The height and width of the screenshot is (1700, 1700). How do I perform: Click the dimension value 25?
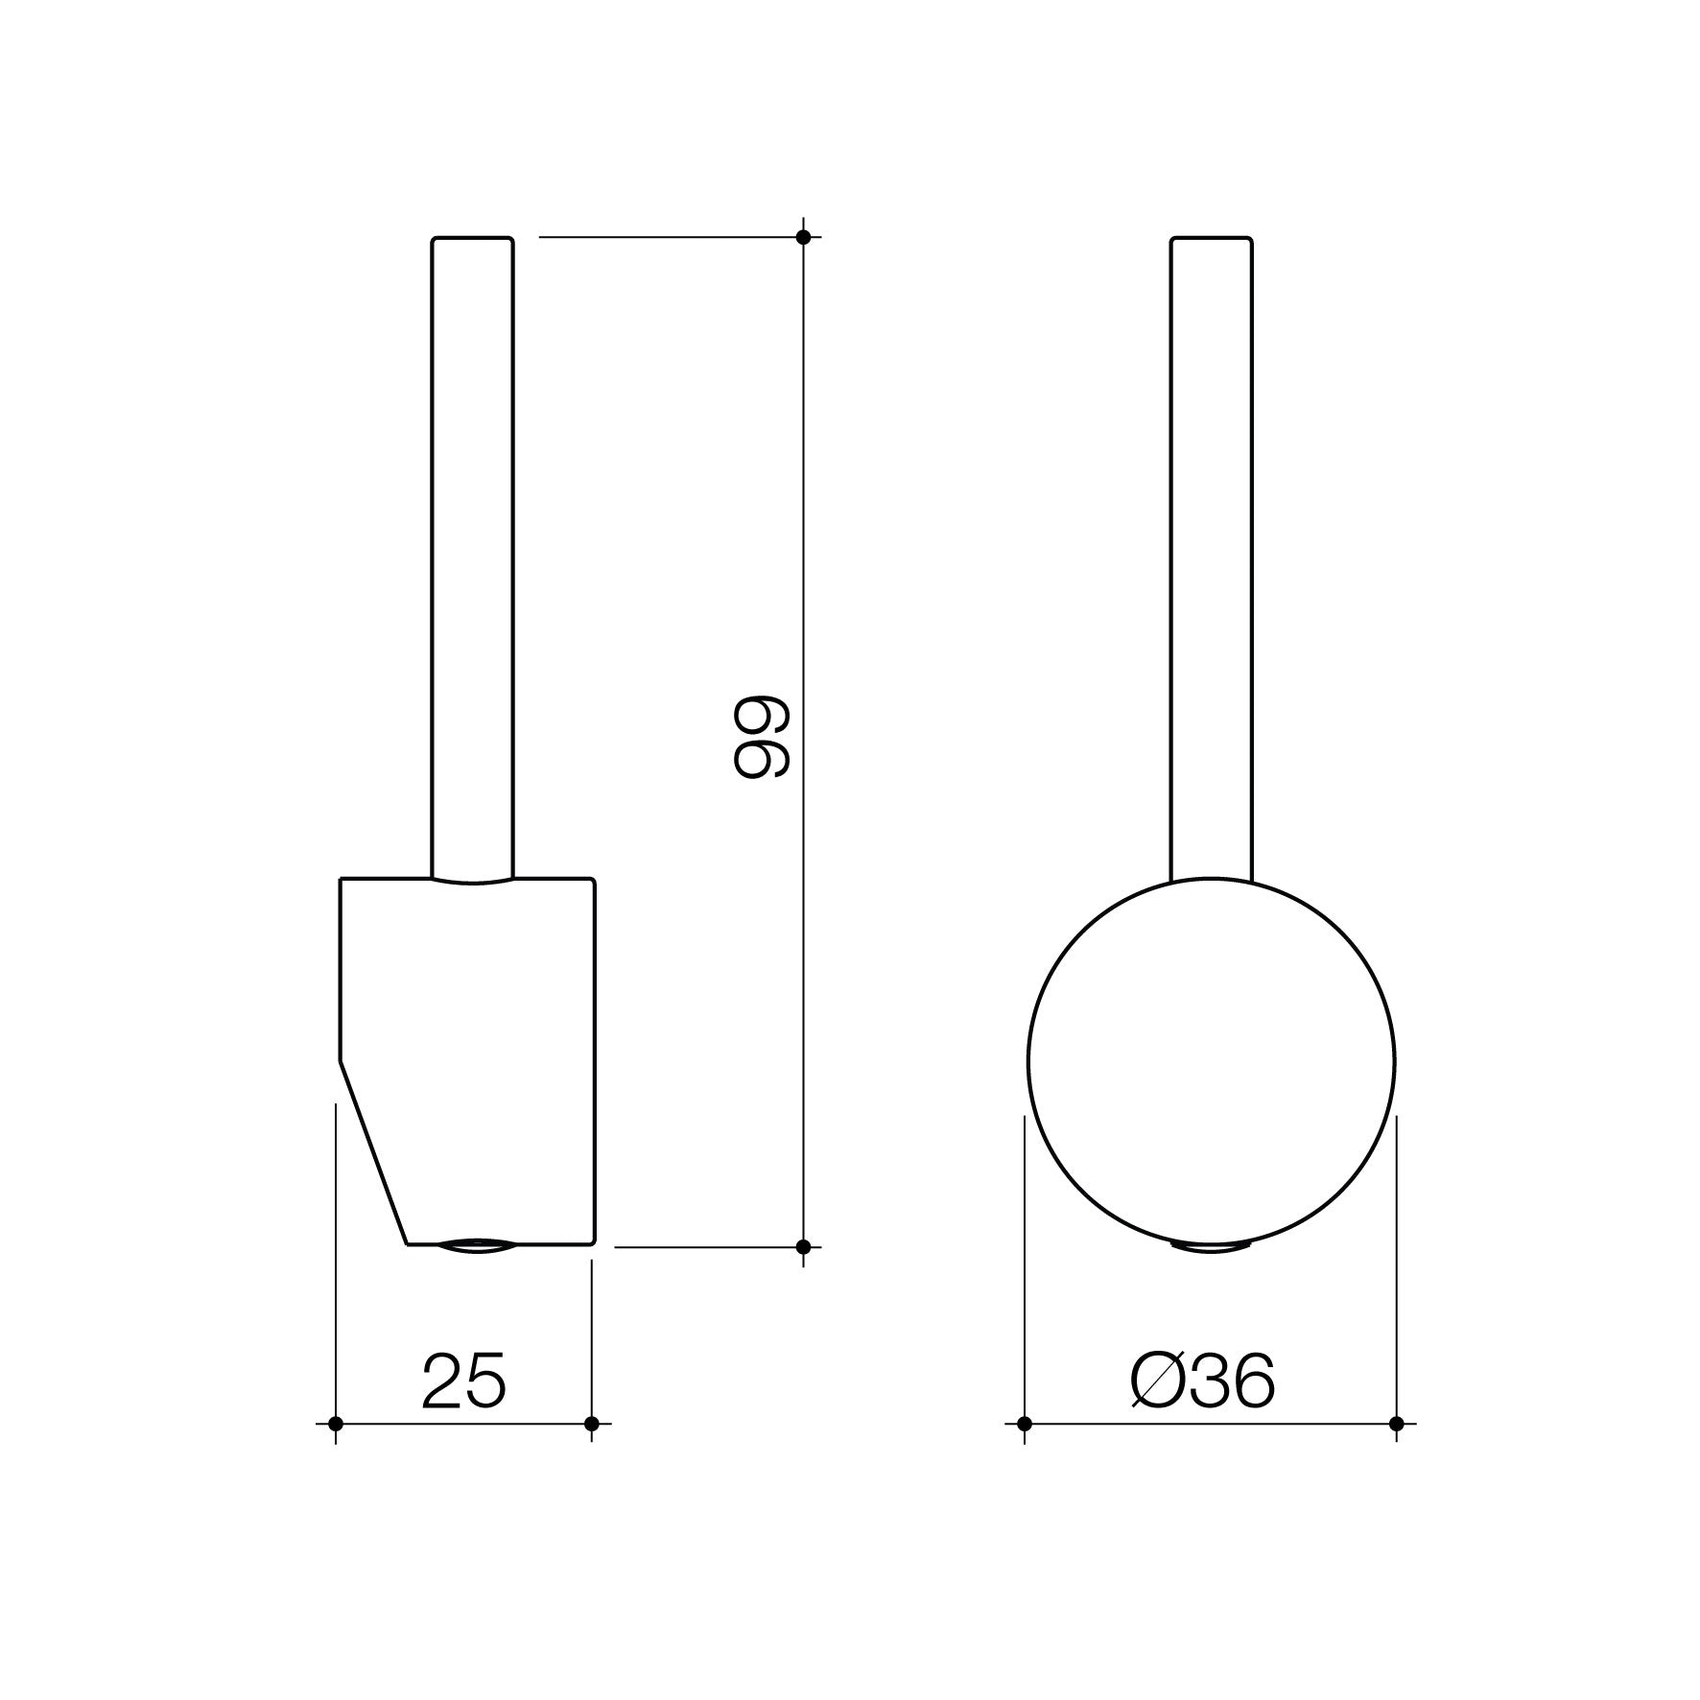[x=462, y=1382]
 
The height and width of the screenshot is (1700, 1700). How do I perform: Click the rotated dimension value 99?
[x=760, y=736]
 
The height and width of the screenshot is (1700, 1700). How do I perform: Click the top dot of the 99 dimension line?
[x=804, y=237]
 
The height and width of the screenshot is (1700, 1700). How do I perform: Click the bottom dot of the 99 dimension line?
[x=804, y=1247]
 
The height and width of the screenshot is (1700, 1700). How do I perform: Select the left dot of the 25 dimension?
[x=335, y=1424]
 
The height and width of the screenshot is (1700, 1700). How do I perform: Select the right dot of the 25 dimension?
[x=591, y=1424]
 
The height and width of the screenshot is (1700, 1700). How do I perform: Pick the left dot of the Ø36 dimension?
[x=1025, y=1424]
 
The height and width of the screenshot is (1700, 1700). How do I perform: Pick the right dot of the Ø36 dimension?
[x=1396, y=1424]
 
